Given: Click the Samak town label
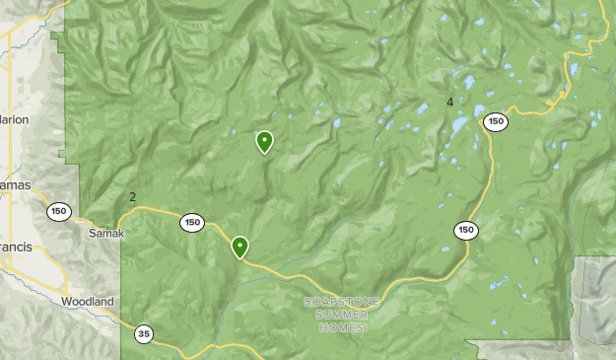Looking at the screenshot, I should click(x=106, y=233).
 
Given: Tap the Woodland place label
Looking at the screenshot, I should click(x=88, y=302).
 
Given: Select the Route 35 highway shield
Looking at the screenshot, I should click(x=145, y=333).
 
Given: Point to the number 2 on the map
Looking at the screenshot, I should click(x=133, y=197).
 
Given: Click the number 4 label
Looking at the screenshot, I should click(x=449, y=103).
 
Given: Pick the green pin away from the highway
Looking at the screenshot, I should click(x=264, y=142).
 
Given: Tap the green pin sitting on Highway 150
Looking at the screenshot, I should click(x=240, y=247).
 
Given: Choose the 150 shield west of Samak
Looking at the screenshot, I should click(x=59, y=210).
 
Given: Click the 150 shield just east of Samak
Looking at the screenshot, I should click(x=192, y=223).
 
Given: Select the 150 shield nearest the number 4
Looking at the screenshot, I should click(x=496, y=122).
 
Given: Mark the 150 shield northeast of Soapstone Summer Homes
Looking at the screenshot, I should click(x=466, y=230).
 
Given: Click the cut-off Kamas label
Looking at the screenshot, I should click(x=15, y=184).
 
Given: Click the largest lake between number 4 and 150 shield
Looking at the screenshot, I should click(x=459, y=127).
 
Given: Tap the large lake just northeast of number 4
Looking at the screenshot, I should click(x=468, y=83).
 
